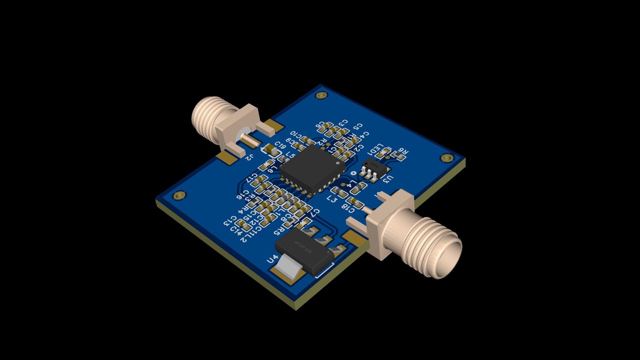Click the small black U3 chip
point(375,167)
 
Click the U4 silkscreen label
point(272,259)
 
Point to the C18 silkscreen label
point(348,208)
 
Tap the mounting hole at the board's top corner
point(321,94)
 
